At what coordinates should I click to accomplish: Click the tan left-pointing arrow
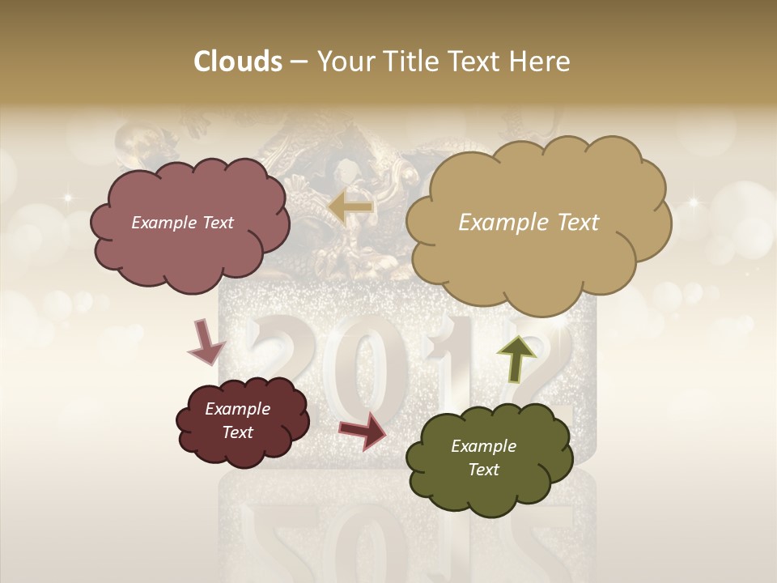pos(350,207)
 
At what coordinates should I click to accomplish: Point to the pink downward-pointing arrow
pos(206,341)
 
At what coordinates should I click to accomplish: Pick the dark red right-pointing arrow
pos(363,430)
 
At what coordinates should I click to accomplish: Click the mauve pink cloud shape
pos(189,224)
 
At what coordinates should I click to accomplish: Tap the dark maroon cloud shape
pos(242,422)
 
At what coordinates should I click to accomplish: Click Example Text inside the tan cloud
pos(529,223)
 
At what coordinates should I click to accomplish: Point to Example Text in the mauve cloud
pos(182,223)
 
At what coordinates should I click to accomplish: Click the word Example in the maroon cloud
pos(237,409)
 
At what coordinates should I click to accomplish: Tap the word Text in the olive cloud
pos(483,470)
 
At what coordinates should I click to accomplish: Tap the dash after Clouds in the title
pos(298,62)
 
